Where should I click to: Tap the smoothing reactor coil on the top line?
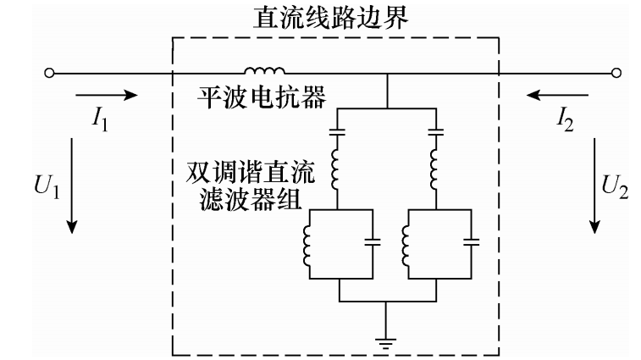(x=265, y=71)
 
